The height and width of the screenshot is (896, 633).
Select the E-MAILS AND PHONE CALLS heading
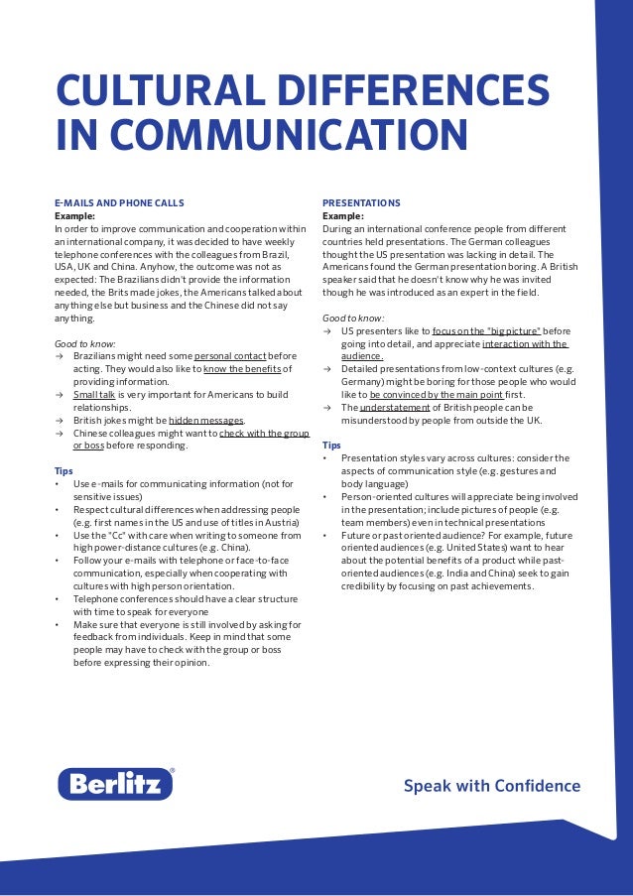point(118,202)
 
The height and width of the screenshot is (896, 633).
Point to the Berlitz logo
point(115,784)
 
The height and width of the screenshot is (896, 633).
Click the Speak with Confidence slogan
point(491,786)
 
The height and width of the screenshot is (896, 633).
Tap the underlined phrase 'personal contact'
point(230,355)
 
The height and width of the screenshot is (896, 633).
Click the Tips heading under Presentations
point(331,446)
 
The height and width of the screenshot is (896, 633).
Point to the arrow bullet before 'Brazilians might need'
point(59,355)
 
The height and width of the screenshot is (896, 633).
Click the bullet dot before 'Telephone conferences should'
point(58,599)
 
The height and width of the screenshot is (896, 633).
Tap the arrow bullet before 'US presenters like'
point(327,330)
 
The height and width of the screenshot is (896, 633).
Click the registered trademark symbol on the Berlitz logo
point(173,771)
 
